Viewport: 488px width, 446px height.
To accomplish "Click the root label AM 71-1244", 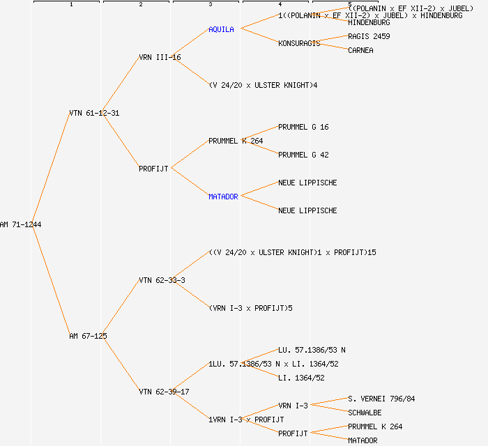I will tap(16, 224).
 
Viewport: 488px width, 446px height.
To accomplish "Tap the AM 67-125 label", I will tap(88, 336).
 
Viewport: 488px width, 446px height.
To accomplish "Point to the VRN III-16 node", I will tap(160, 57).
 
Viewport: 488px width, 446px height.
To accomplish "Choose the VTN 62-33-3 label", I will tap(162, 280).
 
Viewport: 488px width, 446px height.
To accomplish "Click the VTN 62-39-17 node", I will tap(164, 392).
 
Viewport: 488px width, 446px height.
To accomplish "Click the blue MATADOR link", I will tap(223, 197).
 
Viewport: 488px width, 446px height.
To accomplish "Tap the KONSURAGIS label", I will tap(299, 43).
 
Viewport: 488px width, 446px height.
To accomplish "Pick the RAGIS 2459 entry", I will tap(369, 36).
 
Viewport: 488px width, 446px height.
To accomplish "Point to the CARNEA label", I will tap(360, 50).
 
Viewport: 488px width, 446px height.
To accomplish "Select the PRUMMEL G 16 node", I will tap(303, 127).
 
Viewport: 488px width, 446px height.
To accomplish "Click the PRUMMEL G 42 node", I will tap(303, 155).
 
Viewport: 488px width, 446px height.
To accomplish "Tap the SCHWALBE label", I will tap(365, 413).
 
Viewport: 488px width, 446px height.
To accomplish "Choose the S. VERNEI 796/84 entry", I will tap(381, 399).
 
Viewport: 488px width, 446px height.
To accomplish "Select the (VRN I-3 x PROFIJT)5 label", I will tap(250, 308).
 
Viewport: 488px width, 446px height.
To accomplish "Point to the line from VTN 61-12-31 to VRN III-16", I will tap(120, 85).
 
